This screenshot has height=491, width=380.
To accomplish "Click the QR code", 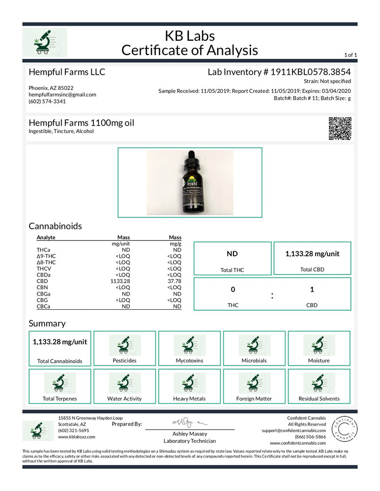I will [340, 129].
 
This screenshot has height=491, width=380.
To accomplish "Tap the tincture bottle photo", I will [190, 182].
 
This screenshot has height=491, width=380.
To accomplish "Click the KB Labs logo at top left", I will [45, 43].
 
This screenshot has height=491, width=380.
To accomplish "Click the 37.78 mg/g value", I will [175, 281].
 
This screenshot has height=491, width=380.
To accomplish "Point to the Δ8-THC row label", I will [46, 262].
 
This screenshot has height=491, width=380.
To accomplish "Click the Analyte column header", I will [46, 237].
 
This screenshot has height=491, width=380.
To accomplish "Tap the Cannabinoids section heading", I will [55, 226].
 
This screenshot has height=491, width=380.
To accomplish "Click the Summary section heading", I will [47, 324].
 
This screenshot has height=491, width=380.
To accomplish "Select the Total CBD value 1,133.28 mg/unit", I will [312, 254].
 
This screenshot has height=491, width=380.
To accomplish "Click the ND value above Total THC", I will [232, 254].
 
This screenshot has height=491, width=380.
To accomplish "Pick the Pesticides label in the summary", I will [124, 361].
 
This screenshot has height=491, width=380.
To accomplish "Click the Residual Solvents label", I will [319, 399].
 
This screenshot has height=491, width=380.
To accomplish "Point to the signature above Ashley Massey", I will [190, 422].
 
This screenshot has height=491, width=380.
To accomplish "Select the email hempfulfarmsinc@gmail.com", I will [62, 95].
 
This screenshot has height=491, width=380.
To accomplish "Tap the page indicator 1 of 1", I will [351, 55].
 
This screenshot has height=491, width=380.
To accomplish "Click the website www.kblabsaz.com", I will [77, 436].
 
